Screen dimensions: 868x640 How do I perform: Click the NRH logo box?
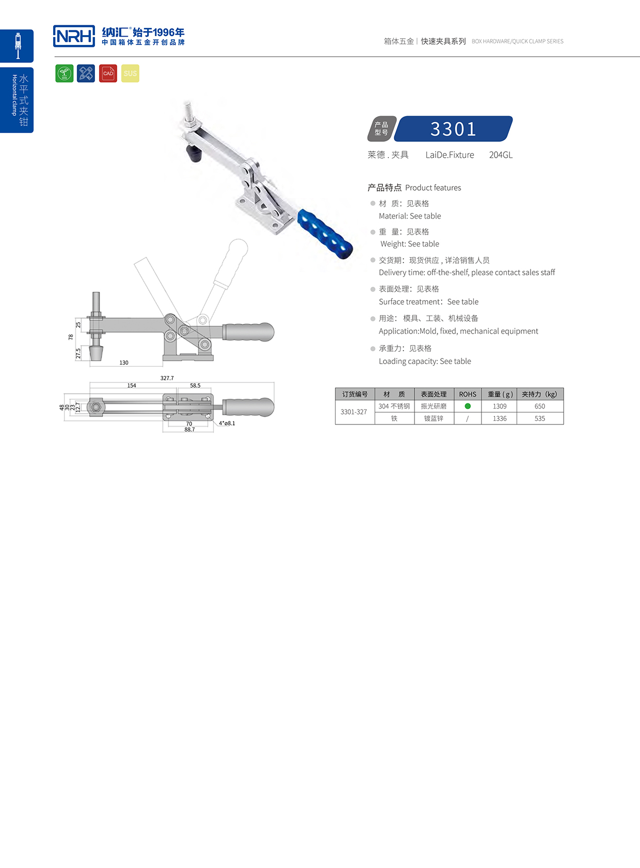(x=74, y=36)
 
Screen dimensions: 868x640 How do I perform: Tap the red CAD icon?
(x=108, y=73)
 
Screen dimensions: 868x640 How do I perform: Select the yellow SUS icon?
(x=130, y=73)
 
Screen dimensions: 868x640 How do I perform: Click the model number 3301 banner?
(x=453, y=129)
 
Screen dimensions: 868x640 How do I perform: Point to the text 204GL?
(x=501, y=155)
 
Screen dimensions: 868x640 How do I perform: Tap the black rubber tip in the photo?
(x=194, y=154)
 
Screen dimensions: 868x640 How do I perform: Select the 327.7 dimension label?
(x=167, y=378)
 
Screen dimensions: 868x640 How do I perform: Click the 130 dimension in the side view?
(x=124, y=363)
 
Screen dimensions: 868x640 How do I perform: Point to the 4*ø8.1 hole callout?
(x=227, y=423)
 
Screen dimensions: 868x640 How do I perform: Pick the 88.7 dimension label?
(x=189, y=430)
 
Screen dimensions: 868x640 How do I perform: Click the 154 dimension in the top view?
(x=132, y=385)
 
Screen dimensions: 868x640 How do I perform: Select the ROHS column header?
(x=468, y=394)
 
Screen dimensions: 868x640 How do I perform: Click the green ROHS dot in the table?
(x=468, y=406)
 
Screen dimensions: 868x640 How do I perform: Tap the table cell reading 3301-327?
(x=354, y=412)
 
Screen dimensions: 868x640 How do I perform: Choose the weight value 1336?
(x=499, y=418)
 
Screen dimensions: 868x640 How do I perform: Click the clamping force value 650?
(x=539, y=406)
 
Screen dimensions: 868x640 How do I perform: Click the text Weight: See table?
(x=410, y=244)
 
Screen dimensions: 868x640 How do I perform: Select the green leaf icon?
(x=65, y=73)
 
